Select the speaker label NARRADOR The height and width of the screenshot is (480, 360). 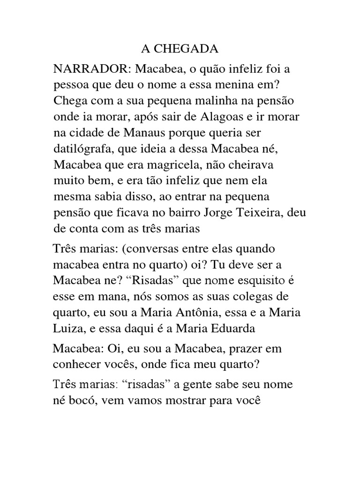coord(92,69)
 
